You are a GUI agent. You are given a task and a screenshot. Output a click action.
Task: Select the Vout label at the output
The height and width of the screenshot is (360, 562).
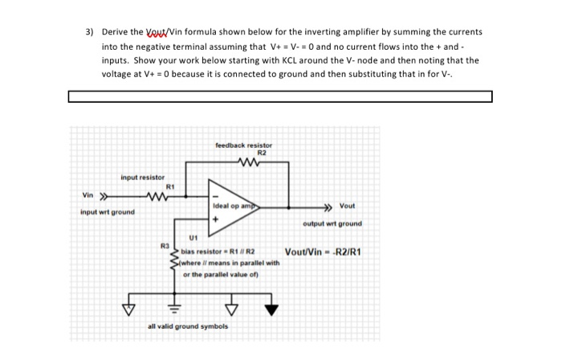(x=347, y=207)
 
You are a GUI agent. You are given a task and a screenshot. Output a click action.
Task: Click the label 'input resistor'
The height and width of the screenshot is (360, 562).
(x=142, y=177)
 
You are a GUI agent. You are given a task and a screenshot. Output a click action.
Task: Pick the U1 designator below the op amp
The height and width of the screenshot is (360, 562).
(x=193, y=237)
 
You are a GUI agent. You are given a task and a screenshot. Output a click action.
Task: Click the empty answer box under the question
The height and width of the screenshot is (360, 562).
(x=279, y=97)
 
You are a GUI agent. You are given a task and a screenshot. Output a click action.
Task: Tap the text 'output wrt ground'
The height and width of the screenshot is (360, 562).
(x=332, y=223)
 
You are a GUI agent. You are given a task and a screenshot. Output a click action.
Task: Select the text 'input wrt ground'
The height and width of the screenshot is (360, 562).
(x=108, y=212)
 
